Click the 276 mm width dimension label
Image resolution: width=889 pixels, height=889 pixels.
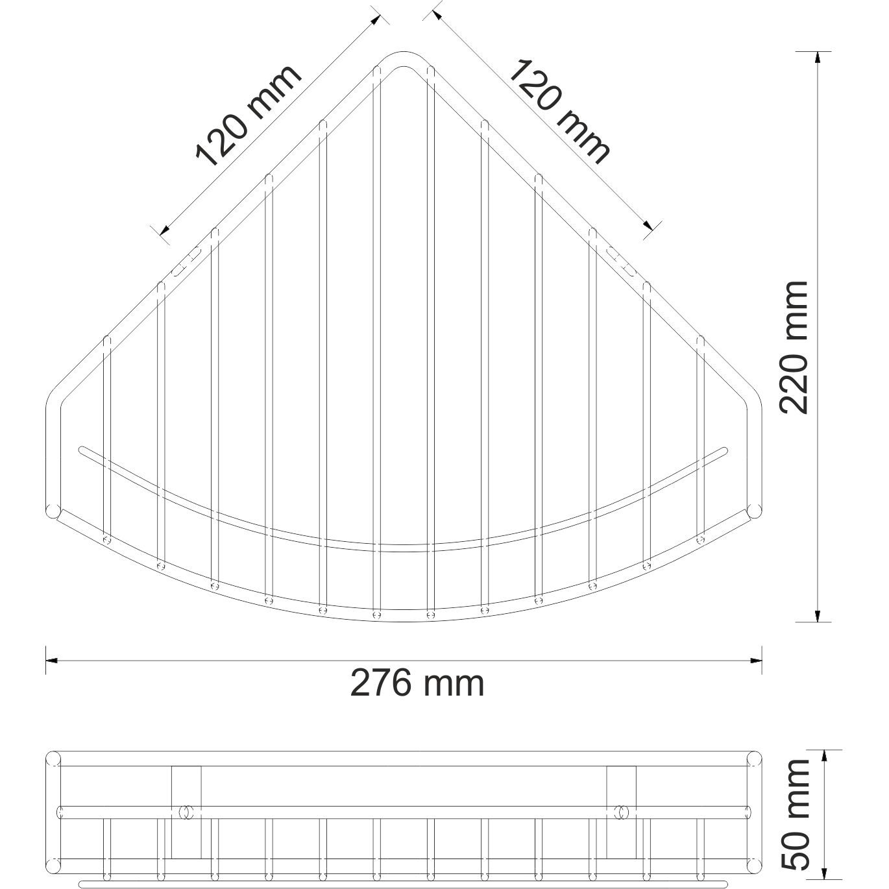pyautogui.click(x=417, y=683)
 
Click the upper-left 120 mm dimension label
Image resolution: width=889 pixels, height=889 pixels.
pyautogui.click(x=249, y=116)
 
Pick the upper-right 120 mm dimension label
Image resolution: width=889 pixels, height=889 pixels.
pyautogui.click(x=559, y=110)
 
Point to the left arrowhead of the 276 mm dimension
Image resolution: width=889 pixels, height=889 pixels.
pyautogui.click(x=52, y=661)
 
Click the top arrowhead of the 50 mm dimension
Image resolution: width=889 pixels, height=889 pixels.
pyautogui.click(x=824, y=756)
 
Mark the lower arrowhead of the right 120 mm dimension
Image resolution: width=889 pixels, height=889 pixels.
pyautogui.click(x=648, y=225)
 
